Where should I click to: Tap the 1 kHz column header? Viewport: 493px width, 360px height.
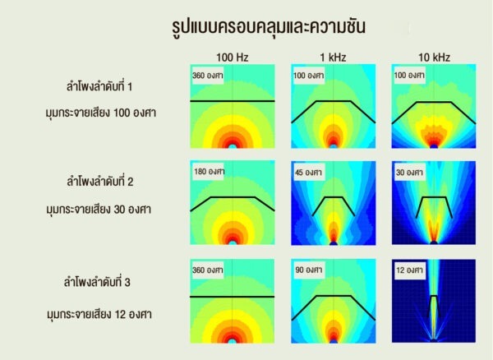point(332,57)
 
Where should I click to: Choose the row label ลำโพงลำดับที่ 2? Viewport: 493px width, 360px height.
point(100,182)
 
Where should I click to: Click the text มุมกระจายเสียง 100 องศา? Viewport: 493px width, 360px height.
point(99,113)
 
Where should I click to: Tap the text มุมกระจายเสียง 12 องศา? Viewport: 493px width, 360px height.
point(99,313)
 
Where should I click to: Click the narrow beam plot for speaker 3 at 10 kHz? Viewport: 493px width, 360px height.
point(433,301)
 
